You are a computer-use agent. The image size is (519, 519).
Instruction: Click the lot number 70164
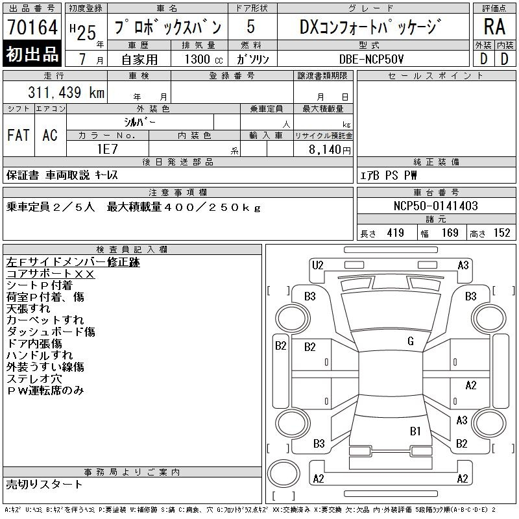click(32, 27)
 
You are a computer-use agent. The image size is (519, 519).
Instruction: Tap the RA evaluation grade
click(494, 27)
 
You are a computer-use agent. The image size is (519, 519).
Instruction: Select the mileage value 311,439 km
click(66, 92)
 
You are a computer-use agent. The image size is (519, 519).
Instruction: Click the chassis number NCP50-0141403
click(435, 206)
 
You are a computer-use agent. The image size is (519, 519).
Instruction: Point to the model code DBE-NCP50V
click(371, 59)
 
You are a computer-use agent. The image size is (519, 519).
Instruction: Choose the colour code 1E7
click(107, 149)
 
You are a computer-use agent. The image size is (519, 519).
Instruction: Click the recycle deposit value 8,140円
click(330, 150)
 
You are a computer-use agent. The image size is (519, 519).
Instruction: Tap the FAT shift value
click(19, 135)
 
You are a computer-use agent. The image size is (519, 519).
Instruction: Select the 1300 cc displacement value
click(204, 59)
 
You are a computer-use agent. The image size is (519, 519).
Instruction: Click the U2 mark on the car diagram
click(317, 265)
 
